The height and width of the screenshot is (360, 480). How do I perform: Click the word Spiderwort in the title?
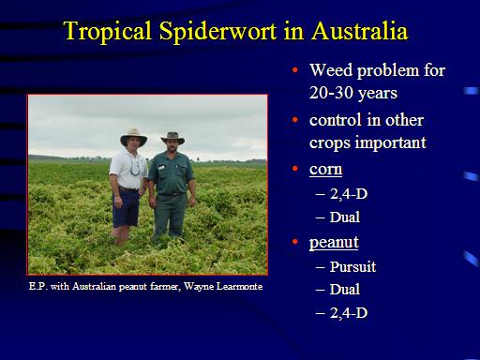point(217,32)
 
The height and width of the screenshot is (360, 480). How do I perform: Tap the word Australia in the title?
point(359,31)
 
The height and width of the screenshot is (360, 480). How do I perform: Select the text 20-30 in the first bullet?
point(331,92)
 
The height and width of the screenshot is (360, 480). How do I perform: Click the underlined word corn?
point(325,170)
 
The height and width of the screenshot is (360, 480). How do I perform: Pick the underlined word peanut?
point(334,243)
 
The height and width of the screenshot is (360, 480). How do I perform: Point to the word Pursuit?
point(352,266)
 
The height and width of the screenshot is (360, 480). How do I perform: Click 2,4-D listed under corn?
point(349,194)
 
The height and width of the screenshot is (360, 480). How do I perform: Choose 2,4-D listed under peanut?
point(349,312)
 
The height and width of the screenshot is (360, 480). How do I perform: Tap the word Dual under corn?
point(345,217)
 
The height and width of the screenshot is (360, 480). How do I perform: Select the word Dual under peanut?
point(345,289)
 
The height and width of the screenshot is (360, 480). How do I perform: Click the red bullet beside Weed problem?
point(294,70)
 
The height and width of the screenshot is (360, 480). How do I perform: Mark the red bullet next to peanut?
point(294,242)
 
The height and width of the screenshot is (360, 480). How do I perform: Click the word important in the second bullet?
point(391,143)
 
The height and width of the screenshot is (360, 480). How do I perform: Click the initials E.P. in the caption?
point(38,286)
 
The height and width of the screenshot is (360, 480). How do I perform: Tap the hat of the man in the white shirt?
point(134,137)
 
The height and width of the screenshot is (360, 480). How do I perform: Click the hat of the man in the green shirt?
point(172,138)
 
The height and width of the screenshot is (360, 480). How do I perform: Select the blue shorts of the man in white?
point(126,208)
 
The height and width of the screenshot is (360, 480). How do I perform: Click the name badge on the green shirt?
point(161,168)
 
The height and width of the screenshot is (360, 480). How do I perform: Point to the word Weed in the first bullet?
point(331,69)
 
